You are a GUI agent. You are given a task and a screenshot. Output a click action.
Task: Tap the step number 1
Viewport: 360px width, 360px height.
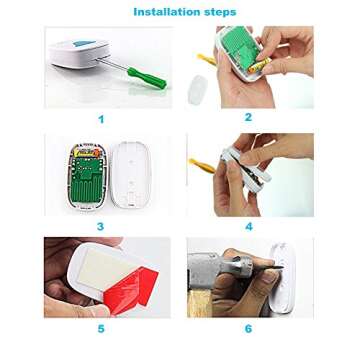point(101,119)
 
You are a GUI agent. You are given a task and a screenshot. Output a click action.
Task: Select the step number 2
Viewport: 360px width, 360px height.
point(248,117)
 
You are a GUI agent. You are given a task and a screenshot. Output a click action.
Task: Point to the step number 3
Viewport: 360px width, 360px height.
point(100,227)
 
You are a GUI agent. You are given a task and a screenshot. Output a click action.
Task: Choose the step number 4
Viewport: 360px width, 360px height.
point(249,227)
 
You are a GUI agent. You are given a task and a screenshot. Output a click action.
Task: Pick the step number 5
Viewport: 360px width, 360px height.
point(101,329)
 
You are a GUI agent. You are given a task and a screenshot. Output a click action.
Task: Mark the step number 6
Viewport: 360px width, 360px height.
point(248,329)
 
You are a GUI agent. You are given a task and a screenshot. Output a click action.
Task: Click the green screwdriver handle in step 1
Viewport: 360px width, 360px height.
point(147,78)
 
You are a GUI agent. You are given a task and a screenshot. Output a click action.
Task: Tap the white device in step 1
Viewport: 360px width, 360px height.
point(80,53)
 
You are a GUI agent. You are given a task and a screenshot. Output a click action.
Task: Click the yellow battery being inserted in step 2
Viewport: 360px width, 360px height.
point(260,64)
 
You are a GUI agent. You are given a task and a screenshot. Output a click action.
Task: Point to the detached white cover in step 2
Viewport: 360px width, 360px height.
point(198,89)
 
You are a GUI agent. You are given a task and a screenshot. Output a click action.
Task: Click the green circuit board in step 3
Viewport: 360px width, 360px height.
point(88,178)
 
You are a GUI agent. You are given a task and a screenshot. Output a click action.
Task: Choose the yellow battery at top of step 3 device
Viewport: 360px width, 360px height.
point(87,152)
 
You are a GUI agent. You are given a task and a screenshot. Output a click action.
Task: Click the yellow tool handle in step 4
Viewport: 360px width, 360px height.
point(202,166)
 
